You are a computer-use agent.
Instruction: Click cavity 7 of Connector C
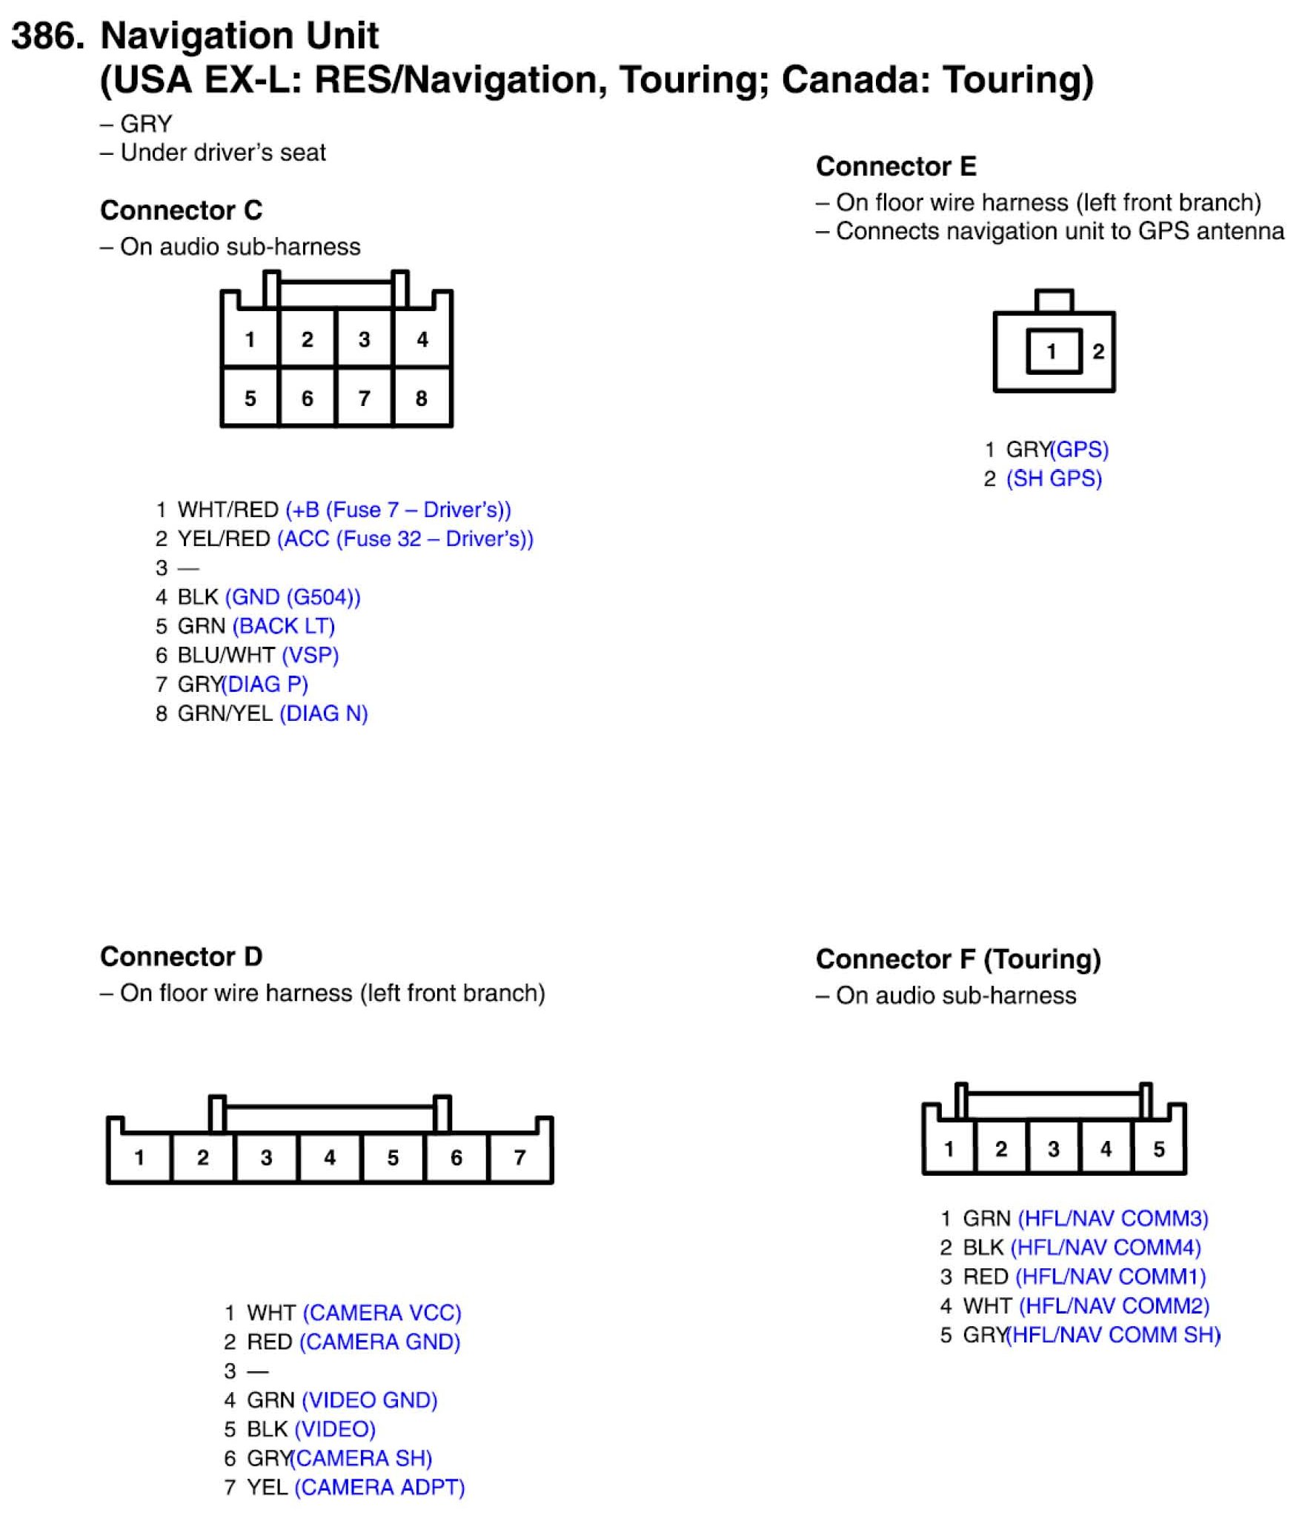(364, 398)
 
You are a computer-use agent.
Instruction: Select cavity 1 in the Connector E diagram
(1052, 351)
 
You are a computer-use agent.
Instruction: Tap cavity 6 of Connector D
(456, 1157)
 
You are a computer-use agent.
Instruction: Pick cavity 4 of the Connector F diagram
(1106, 1149)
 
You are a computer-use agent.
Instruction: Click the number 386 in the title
(46, 36)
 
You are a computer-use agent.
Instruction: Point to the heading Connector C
(181, 210)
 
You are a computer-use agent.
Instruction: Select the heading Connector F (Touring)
(958, 959)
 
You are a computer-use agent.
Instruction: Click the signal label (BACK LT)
(284, 626)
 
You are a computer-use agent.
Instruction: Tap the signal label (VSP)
(310, 655)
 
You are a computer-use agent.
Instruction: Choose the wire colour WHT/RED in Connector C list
(227, 510)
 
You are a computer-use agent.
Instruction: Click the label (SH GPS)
(1054, 479)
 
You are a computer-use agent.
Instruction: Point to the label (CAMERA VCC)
(382, 1313)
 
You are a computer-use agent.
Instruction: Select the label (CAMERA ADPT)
(379, 1487)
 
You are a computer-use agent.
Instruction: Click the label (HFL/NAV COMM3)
(1113, 1219)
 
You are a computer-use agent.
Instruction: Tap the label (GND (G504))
(293, 597)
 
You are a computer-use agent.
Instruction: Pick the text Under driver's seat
(222, 153)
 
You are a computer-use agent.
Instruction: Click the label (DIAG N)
(324, 713)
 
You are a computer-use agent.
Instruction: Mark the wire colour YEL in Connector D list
(267, 1487)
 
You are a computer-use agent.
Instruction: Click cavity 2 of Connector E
(1098, 351)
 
